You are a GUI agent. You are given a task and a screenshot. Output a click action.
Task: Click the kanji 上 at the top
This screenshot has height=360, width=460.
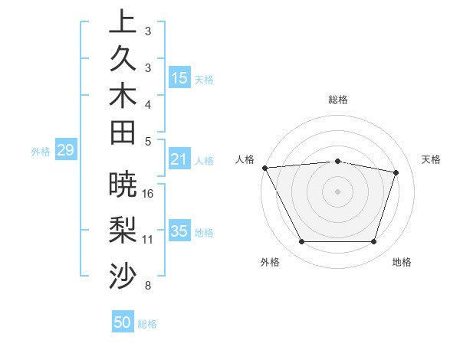pyautogui.click(x=123, y=21)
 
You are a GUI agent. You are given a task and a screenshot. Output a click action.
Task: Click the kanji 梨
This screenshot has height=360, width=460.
pyautogui.click(x=123, y=231)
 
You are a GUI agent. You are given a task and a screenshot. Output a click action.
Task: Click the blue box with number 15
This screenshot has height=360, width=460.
pyautogui.click(x=179, y=78)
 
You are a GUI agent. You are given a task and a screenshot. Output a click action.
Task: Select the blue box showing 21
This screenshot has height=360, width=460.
pyautogui.click(x=179, y=160)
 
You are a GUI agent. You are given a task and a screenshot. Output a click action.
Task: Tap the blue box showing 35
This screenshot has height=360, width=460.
pyautogui.click(x=179, y=231)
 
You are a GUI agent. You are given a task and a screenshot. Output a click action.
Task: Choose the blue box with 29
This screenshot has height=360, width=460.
pyautogui.click(x=65, y=151)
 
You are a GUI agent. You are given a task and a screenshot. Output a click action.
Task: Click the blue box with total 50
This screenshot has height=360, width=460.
pyautogui.click(x=123, y=323)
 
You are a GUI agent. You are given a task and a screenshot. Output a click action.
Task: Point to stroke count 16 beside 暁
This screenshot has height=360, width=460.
pyautogui.click(x=148, y=193)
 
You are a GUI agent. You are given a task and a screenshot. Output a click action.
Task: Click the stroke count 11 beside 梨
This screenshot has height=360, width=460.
pyautogui.click(x=148, y=240)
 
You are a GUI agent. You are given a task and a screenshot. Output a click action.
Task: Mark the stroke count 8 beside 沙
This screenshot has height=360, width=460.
pyautogui.click(x=148, y=286)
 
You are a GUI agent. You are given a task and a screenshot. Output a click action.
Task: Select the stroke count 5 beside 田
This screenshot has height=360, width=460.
pyautogui.click(x=148, y=141)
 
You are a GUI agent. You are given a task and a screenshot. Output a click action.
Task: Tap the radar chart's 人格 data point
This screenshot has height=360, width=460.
pyautogui.click(x=264, y=167)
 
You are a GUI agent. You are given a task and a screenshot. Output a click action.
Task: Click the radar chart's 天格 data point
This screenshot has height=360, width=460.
pyautogui.click(x=396, y=172)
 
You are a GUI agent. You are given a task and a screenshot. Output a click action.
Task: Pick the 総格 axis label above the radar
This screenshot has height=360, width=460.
pyautogui.click(x=338, y=100)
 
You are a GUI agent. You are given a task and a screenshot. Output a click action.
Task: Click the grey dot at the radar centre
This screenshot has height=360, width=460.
pyautogui.click(x=337, y=191)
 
